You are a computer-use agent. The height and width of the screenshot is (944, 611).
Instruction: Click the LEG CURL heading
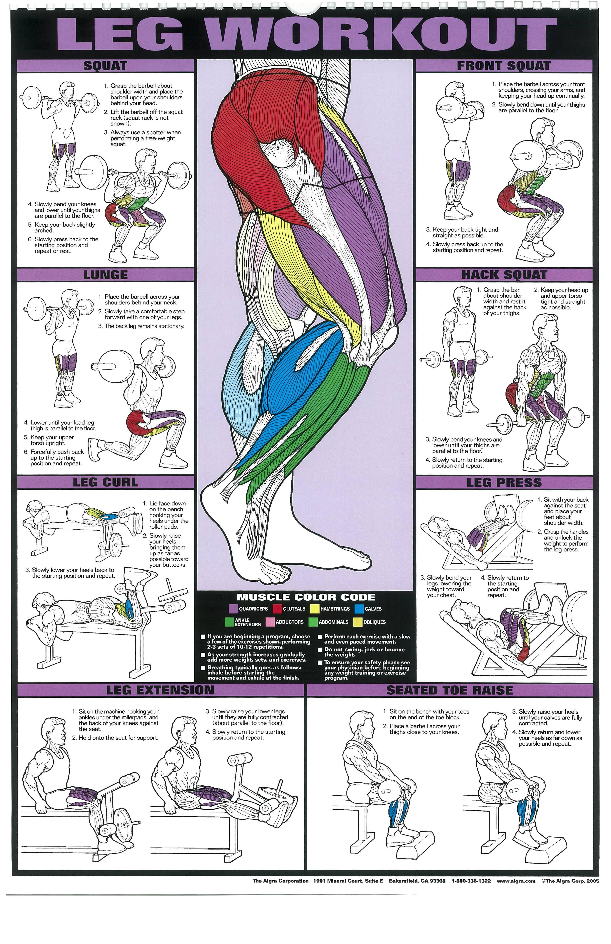pos(105,482)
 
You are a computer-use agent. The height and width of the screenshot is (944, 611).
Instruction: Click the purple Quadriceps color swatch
pos(233,609)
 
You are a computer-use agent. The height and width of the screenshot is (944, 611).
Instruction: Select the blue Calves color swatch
pos(359,609)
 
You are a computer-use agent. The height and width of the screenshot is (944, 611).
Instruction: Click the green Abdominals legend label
pos(333,622)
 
